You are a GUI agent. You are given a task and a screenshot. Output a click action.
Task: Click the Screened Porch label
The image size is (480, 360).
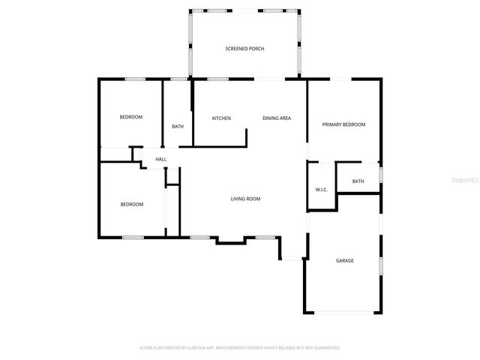pos(244,49)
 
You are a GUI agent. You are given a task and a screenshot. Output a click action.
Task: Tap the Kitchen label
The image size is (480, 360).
pos(221,118)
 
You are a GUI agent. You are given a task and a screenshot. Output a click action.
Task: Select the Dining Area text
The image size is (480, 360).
pos(277,118)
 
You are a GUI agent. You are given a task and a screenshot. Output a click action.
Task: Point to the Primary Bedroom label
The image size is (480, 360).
pos(343,124)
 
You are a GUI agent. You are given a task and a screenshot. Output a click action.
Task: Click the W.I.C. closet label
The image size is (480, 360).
pos(321,190)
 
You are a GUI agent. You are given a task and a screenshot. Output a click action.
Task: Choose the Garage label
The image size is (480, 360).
pos(344,261)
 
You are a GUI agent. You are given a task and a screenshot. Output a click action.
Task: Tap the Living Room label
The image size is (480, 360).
pos(245,199)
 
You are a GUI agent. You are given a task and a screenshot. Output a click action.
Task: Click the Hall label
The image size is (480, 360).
pos(160,160)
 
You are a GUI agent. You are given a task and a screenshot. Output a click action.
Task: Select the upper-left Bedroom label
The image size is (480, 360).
pos(131,117)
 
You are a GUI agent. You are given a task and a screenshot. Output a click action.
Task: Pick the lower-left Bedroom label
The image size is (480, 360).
pos(132,204)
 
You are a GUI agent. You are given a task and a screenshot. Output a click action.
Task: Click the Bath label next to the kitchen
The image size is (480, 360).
pos(178,127)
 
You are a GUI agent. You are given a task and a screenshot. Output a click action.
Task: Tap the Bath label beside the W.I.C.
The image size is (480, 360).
pos(358,181)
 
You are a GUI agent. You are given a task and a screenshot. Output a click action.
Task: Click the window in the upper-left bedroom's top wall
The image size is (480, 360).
pos(135,79)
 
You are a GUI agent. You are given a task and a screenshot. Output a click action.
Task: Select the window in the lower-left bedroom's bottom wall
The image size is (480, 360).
pos(133,238)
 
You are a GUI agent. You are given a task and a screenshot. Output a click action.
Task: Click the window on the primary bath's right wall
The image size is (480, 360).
pos(380,175)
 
